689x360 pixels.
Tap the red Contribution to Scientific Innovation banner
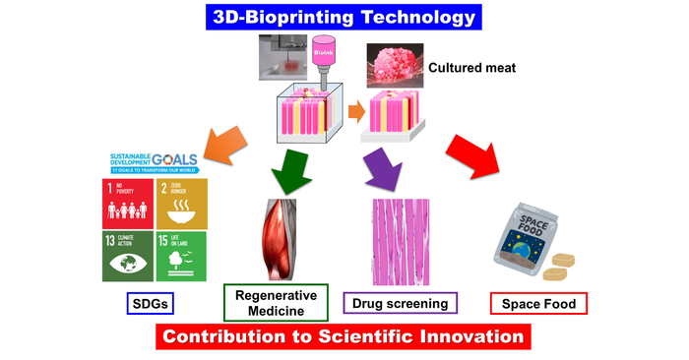click(343, 336)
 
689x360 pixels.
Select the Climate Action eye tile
click(126, 256)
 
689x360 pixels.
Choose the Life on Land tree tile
click(180, 256)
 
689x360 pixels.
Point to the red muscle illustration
click(280, 237)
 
